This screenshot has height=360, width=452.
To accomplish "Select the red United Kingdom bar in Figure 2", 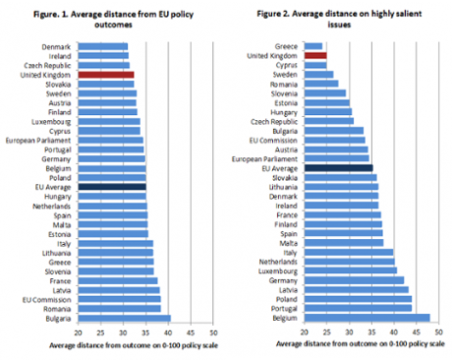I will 315,55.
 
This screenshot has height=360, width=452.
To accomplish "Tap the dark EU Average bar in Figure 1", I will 111,186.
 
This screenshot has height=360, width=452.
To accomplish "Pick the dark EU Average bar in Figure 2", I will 324,167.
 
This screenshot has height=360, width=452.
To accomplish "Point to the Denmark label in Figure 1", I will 56,46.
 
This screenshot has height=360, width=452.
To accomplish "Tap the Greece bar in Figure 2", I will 313,46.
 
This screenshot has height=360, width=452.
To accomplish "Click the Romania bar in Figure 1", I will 119,308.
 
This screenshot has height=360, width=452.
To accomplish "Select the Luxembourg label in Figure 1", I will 52,120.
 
